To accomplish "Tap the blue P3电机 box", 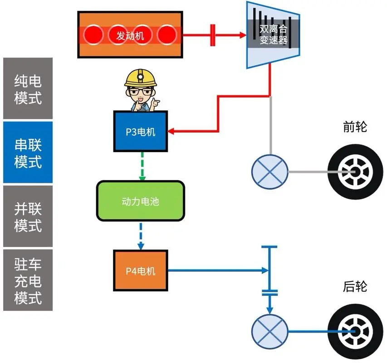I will tap(140, 132).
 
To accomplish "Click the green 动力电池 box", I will tap(140, 201).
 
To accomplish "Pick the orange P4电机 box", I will tap(140, 271).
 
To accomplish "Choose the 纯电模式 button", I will tap(28, 88).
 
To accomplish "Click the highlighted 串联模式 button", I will tap(28, 153).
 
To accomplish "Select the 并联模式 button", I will tap(28, 216).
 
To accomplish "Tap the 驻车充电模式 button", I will tap(28, 280).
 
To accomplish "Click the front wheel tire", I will tap(352, 172).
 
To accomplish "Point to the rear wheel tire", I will tap(352, 331).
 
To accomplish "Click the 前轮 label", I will tap(355, 128).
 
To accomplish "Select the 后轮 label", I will tap(355, 287).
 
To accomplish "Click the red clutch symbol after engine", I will tap(212, 35).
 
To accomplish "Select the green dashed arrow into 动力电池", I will tap(142, 166).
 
